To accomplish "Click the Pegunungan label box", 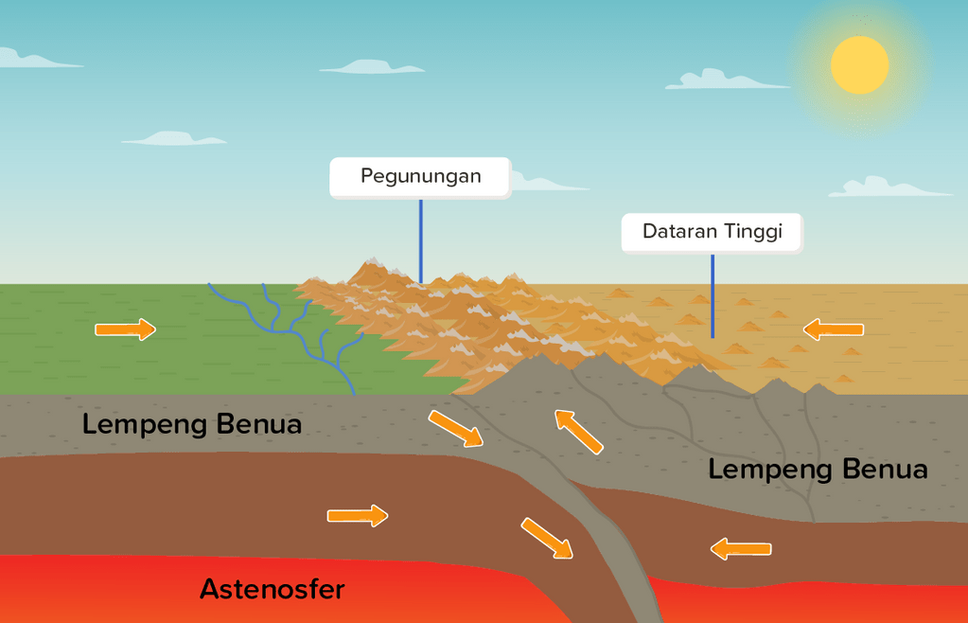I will coord(420,177).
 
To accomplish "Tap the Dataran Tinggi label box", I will coord(712,232).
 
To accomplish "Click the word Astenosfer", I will coord(272,589).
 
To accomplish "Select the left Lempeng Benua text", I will coord(192,423).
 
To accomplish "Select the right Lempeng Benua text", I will coord(818,469).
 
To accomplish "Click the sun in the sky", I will coord(859,65).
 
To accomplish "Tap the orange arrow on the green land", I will coord(125,329).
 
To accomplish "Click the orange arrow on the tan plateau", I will coord(834,329).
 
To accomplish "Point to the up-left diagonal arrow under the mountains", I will coord(579,432).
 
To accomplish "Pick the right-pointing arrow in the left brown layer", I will coord(358,515).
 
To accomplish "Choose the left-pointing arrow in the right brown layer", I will coord(741,548).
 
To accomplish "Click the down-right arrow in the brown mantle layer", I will coord(547,538).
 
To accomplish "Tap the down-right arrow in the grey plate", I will coord(455,428).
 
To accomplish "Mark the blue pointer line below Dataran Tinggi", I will coord(713,295).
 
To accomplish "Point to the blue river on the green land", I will coord(312,331).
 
